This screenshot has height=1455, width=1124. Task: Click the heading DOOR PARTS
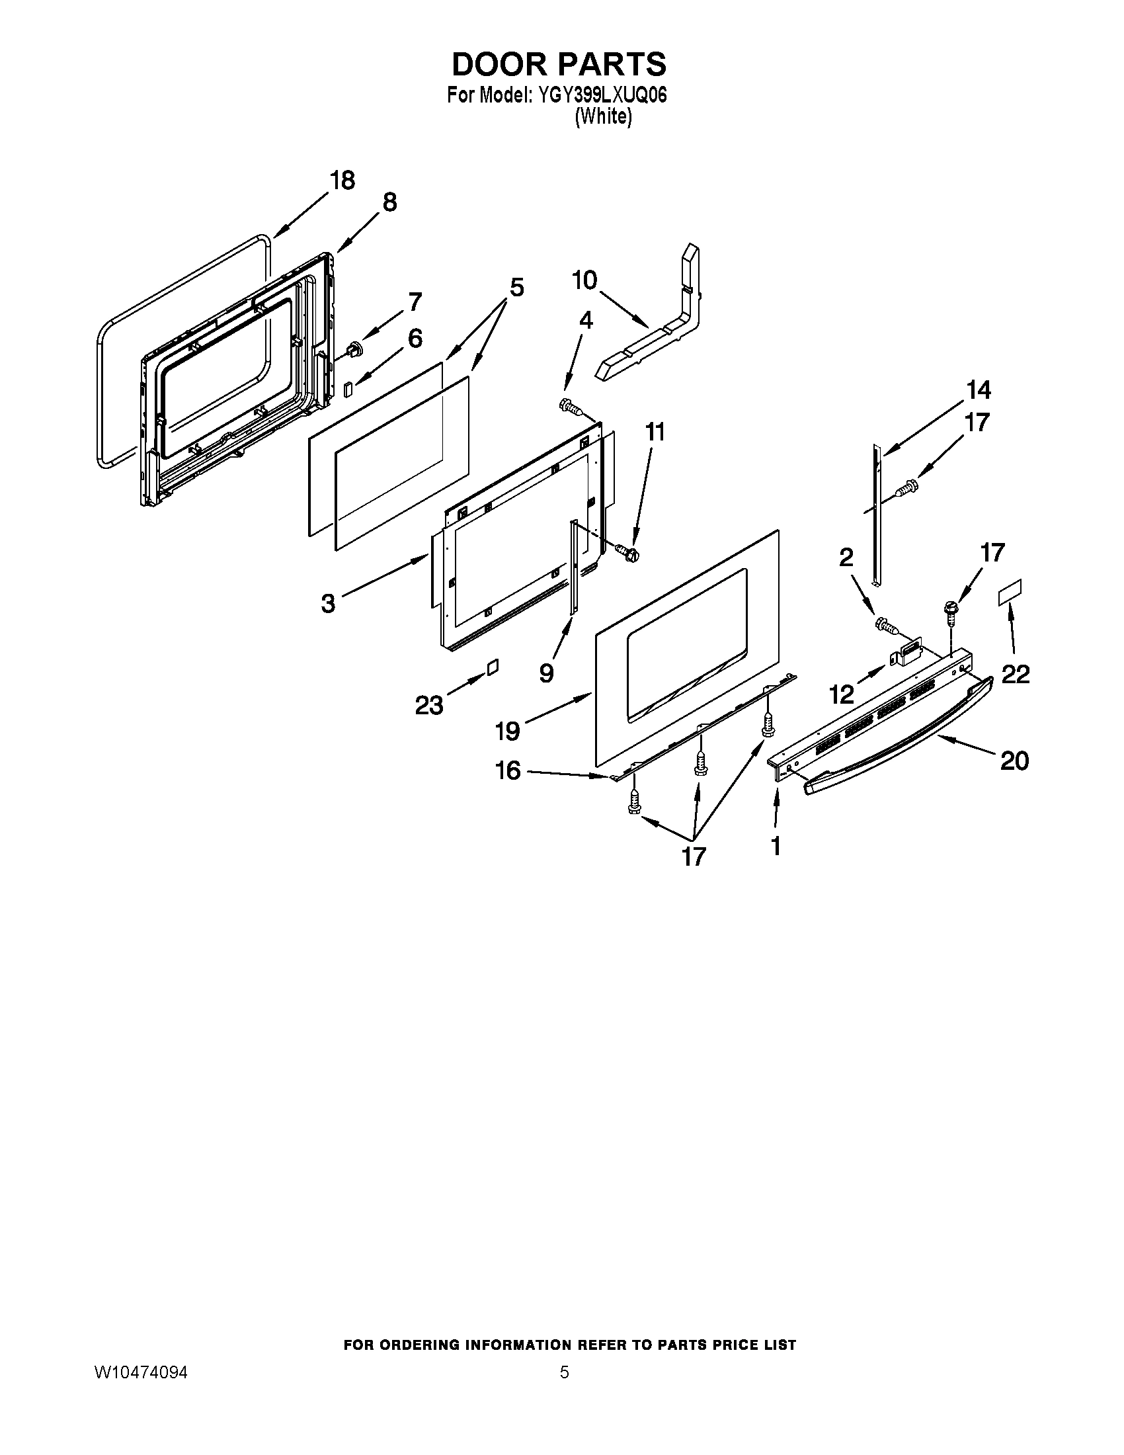(x=559, y=64)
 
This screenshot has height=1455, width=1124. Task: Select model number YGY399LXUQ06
(x=598, y=95)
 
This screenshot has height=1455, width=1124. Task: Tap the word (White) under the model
(x=602, y=116)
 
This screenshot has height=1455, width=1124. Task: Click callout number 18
(x=343, y=181)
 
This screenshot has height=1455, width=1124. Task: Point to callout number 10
(x=584, y=280)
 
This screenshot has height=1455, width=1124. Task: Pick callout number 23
(x=429, y=705)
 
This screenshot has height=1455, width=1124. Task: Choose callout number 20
(x=1014, y=760)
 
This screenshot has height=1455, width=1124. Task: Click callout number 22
(x=1016, y=674)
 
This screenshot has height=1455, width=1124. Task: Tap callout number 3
(x=327, y=604)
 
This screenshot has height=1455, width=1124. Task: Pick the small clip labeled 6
(x=349, y=388)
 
